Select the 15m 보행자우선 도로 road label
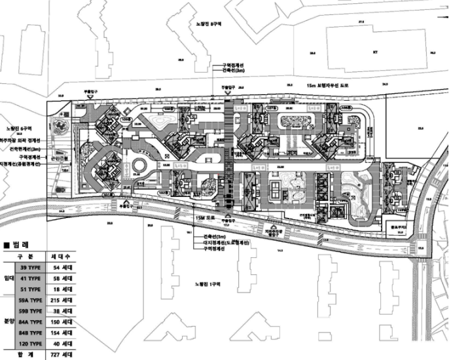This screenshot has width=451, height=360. pos(327,85)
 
